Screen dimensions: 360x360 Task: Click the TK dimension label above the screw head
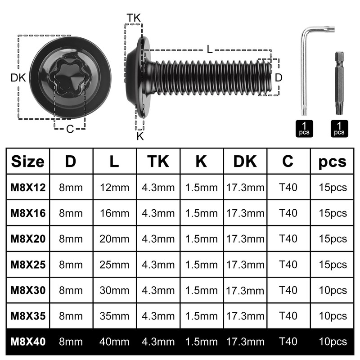click(133, 18)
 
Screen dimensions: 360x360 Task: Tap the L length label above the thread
click(209, 49)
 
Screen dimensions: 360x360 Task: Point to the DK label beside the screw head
click(18, 78)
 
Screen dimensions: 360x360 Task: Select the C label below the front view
click(70, 129)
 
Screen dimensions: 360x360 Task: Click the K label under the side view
click(140, 136)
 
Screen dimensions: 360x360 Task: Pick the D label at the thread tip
click(278, 78)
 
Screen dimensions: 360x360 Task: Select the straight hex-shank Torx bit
click(339, 83)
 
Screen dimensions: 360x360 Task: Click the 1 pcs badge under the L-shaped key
click(304, 129)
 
